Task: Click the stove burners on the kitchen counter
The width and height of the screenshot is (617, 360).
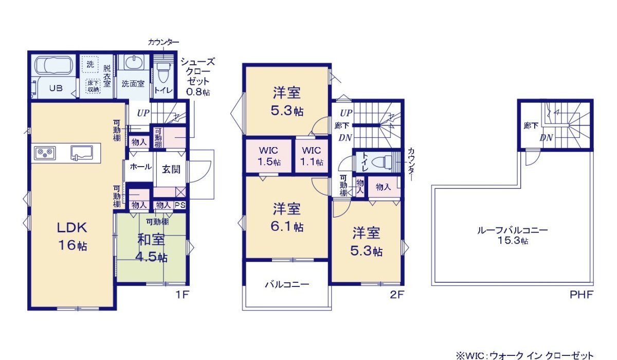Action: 44,153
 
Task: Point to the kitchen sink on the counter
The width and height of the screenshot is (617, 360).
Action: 81,152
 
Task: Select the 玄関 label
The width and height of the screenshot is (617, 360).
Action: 171,169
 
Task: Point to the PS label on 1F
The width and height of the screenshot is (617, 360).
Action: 179,205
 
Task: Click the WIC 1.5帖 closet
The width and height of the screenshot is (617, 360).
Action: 268,156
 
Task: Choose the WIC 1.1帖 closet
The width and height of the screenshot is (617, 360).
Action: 312,156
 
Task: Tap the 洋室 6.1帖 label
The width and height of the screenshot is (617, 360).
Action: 287,217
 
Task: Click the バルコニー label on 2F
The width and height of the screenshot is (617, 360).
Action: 287,284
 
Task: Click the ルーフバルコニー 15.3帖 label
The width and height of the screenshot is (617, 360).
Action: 512,236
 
